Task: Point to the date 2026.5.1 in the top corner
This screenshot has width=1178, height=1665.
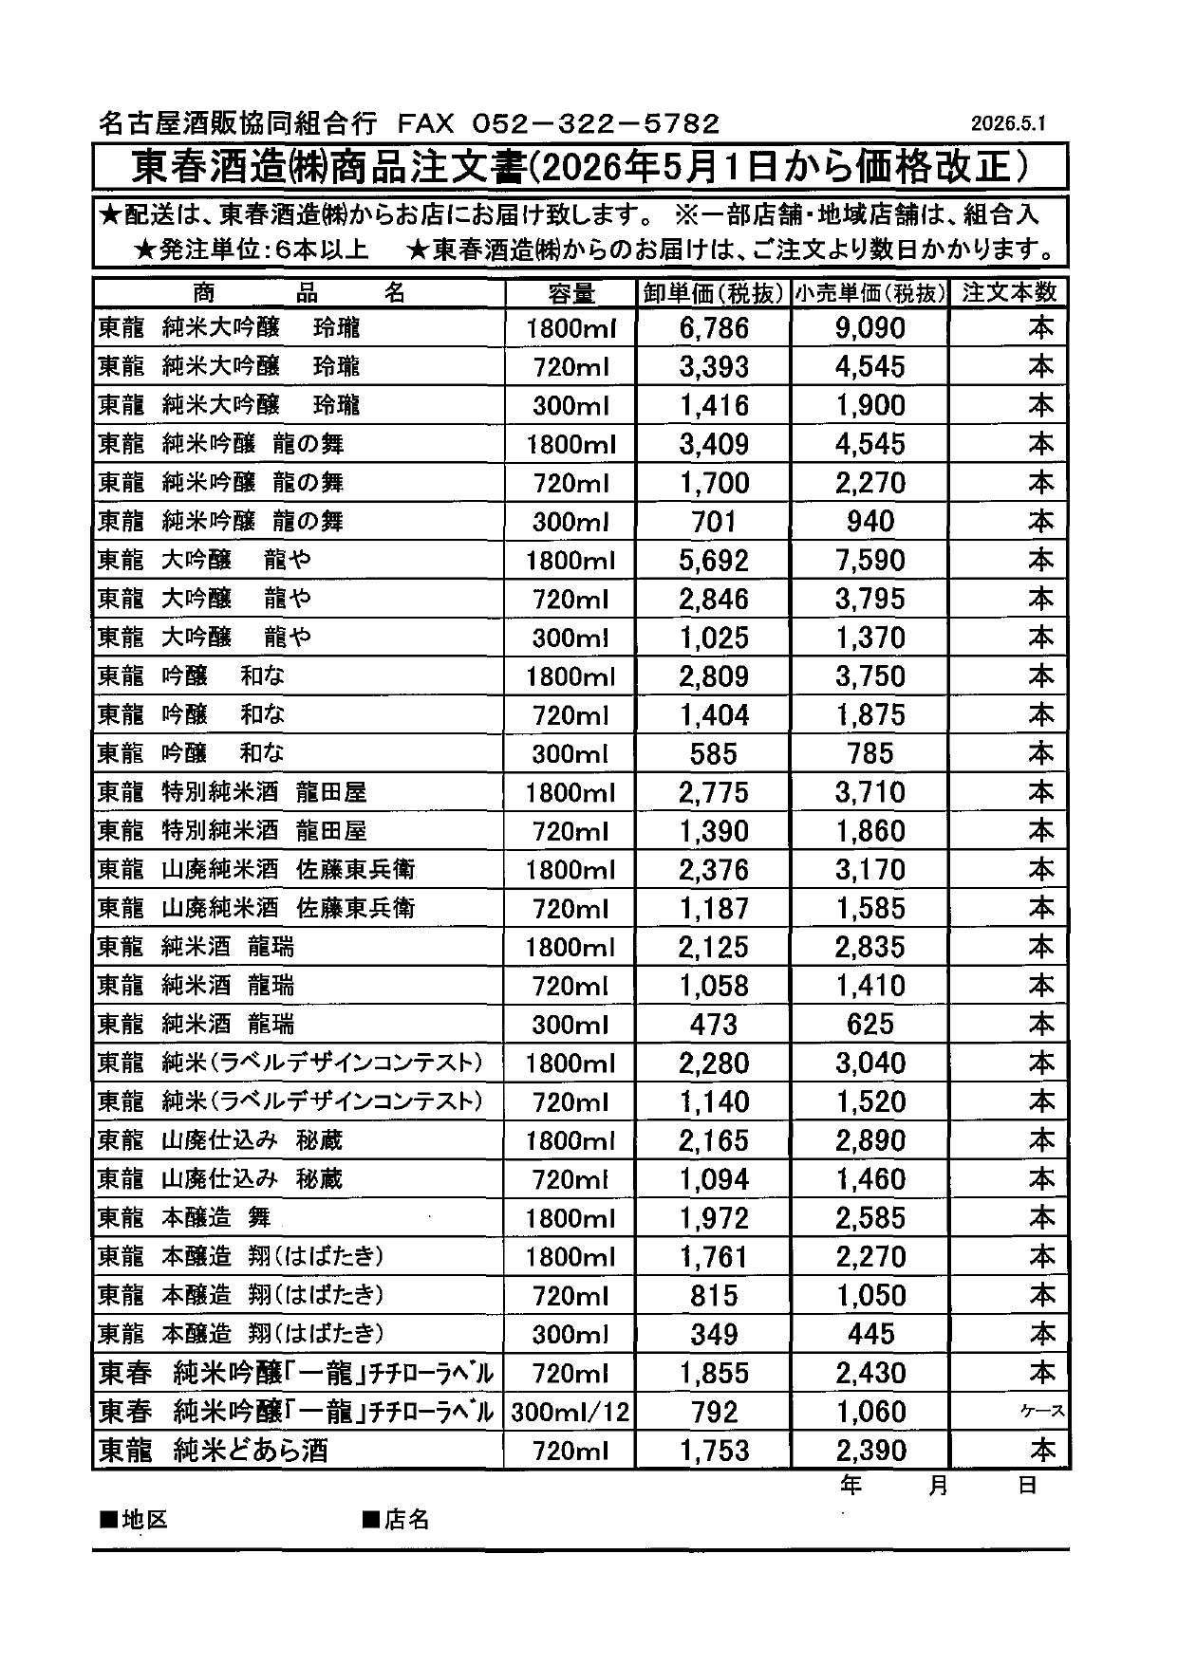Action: (x=1007, y=124)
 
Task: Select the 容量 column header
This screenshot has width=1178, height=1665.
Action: (x=570, y=293)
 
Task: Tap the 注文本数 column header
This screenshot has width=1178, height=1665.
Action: (x=1009, y=292)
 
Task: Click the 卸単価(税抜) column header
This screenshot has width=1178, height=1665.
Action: (x=713, y=293)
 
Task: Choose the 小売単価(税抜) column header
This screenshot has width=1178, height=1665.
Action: (x=870, y=293)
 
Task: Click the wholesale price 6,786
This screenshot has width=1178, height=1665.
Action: (x=714, y=328)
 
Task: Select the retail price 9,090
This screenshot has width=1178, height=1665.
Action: (x=870, y=328)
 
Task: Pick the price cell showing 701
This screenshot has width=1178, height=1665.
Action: (x=714, y=522)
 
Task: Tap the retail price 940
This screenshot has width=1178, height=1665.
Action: (x=870, y=522)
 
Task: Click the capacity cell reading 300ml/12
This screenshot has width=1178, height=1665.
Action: (x=570, y=1413)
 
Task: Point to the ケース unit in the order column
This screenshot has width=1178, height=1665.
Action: (x=1041, y=1413)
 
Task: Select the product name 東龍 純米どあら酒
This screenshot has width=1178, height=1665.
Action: (x=214, y=1451)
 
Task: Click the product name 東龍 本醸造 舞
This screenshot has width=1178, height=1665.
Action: (x=184, y=1218)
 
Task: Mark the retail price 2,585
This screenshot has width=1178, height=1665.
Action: (x=870, y=1218)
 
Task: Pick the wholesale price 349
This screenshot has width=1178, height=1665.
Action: (x=714, y=1335)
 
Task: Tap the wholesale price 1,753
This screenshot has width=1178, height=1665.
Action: (x=714, y=1451)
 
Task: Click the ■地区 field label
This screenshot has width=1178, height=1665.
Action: (x=134, y=1520)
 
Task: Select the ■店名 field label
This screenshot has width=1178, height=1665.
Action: (x=396, y=1520)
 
